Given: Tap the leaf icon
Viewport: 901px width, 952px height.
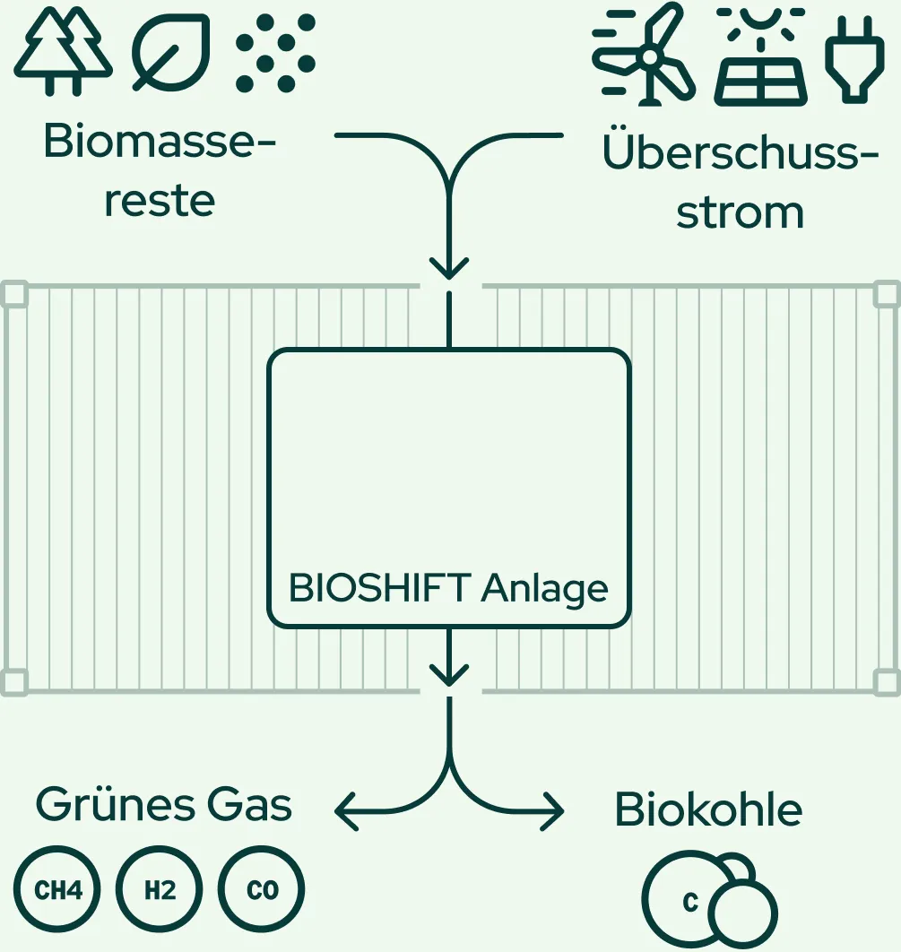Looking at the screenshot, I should point(171,51).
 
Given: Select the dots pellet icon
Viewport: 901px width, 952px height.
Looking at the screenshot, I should point(275,51).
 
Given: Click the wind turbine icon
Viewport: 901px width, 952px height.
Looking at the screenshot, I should point(644,54).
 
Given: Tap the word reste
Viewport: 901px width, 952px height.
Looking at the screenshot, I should point(160,201).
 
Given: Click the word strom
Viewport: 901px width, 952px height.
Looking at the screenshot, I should point(741,212).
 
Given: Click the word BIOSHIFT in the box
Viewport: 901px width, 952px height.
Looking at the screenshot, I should point(380,589).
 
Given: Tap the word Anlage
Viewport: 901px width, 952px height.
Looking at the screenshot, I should point(545,589).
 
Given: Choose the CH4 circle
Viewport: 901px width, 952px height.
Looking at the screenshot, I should point(58,891).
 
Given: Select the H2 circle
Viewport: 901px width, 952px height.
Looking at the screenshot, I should point(160,891).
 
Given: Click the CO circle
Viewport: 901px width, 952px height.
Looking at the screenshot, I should point(262,891).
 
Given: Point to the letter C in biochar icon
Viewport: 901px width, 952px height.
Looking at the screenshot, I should point(689,903).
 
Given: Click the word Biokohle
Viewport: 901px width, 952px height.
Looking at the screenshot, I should point(708,810).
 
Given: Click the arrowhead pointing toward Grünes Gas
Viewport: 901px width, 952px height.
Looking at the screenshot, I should point(345,812).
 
